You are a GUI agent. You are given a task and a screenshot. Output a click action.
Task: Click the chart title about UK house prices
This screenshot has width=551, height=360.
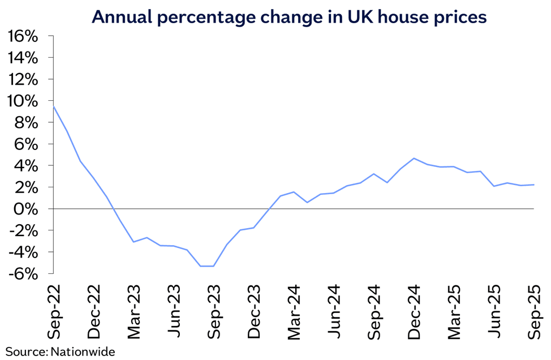pos(289,17)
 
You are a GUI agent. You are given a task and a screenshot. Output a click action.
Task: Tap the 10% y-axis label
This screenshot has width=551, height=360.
pos(23,101)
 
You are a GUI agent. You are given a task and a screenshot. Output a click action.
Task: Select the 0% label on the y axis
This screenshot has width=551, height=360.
pos(28,209)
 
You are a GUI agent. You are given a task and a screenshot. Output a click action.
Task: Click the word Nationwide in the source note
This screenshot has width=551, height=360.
pos(83,352)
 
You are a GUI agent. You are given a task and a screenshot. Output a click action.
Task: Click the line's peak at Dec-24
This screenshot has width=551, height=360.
pos(414,158)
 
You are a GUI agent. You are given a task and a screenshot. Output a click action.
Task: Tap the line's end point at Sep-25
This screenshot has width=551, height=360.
pos(534,185)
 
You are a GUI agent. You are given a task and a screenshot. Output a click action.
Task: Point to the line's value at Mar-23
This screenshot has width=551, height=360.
pos(134,242)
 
